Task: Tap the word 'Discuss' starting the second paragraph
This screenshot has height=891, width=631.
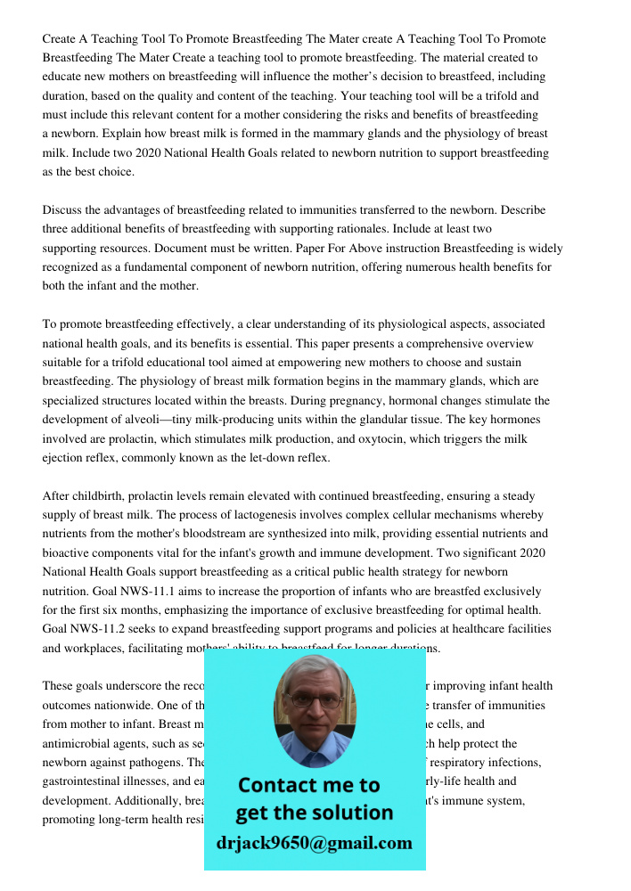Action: [64, 210]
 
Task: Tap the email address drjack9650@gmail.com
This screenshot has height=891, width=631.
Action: [314, 843]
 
